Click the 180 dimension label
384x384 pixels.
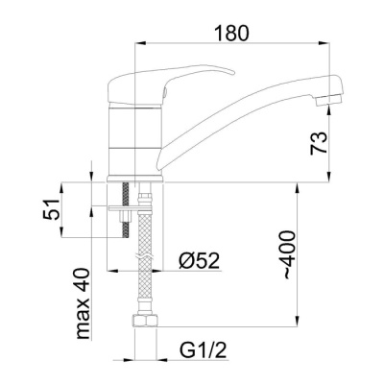pyautogui.click(x=231, y=34)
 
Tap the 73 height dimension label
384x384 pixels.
pyautogui.click(x=319, y=143)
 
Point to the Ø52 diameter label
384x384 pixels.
pyautogui.click(x=200, y=261)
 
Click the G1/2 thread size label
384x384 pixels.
pyautogui.click(x=204, y=349)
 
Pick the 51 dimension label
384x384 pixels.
pyautogui.click(x=52, y=209)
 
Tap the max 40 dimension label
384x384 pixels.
pyautogui.click(x=83, y=303)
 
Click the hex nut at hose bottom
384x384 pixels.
pyautogui.click(x=145, y=321)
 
